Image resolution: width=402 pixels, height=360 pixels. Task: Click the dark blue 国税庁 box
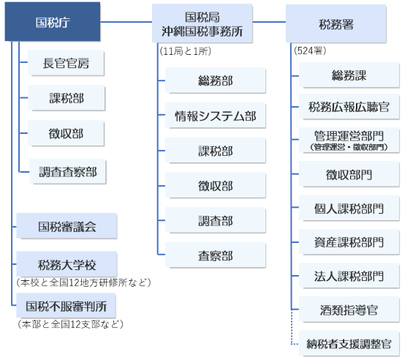(x=53, y=23)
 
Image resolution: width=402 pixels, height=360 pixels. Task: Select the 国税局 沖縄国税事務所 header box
(x=202, y=23)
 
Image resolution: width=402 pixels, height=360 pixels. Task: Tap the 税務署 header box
(x=336, y=23)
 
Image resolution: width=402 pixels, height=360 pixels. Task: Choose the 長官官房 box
(x=67, y=64)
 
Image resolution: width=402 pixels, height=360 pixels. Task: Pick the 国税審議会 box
(x=67, y=227)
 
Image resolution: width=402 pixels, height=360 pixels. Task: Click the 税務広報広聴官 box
(x=349, y=108)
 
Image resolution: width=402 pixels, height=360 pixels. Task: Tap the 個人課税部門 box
(x=349, y=208)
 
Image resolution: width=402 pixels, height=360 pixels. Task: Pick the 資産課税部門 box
(x=349, y=241)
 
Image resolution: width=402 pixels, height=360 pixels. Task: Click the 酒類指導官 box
(x=349, y=310)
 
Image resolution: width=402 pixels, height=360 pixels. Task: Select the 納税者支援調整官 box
(x=349, y=343)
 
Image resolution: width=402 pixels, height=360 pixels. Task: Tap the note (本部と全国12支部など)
(x=70, y=323)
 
